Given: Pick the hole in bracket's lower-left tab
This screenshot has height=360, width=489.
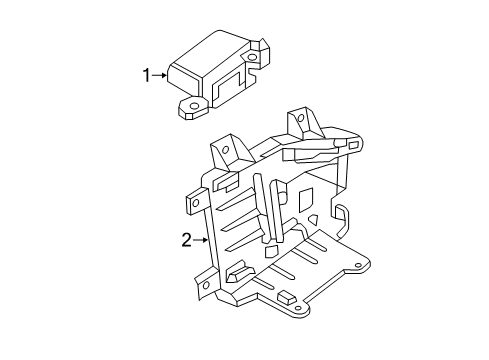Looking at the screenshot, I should click(x=205, y=285).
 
